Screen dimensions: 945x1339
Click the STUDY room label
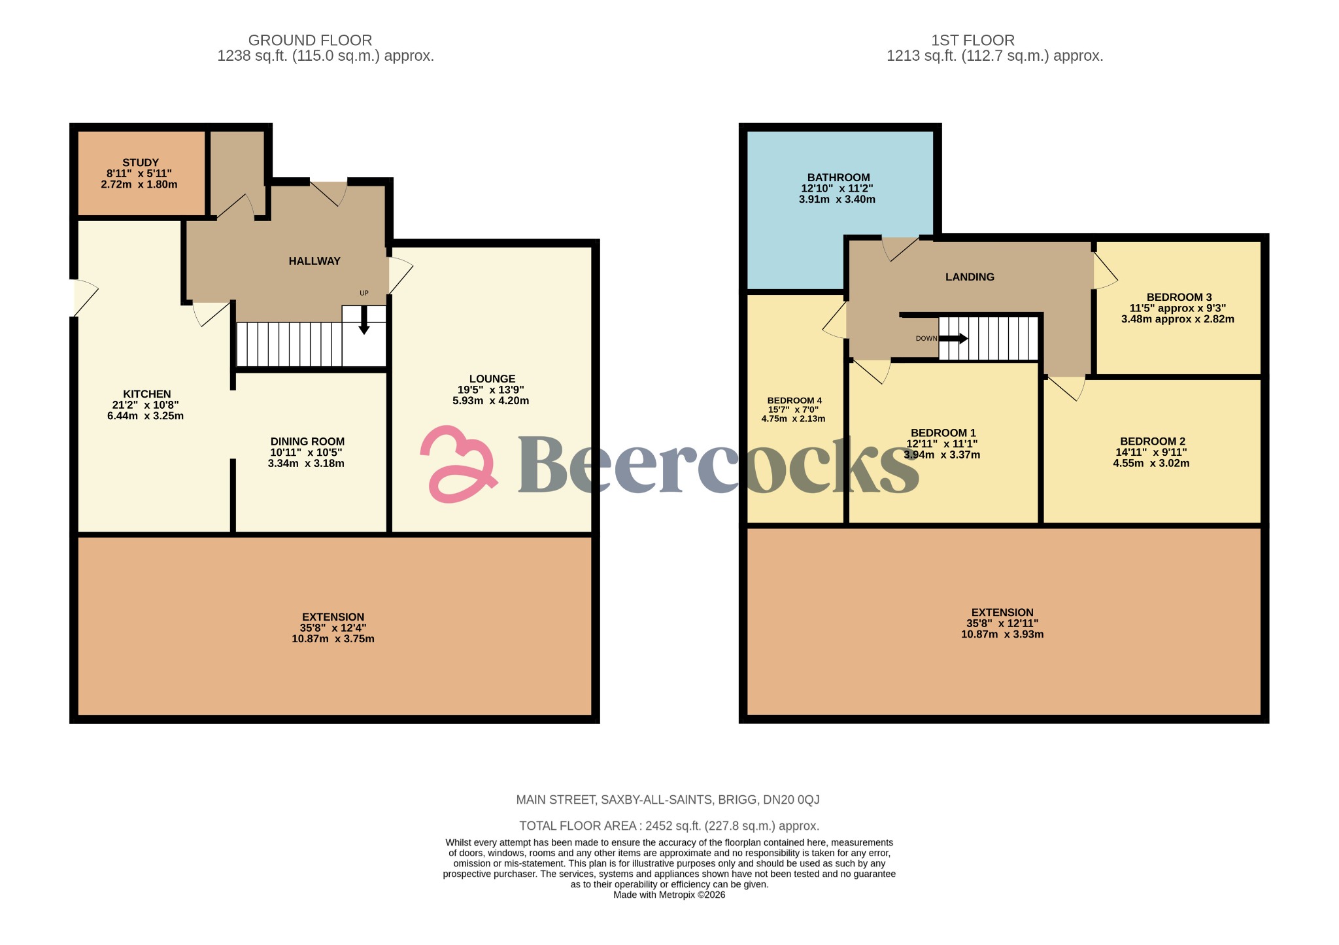[x=141, y=163]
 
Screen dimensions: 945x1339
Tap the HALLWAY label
[x=314, y=261]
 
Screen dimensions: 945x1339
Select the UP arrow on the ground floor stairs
[x=364, y=320]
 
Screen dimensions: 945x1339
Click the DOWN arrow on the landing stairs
[x=954, y=338]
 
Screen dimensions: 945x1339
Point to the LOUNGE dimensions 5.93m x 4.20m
[x=490, y=401]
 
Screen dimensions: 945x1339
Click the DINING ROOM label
[x=307, y=441]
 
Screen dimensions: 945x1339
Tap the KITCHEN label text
[x=147, y=394]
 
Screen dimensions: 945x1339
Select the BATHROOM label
[x=838, y=177]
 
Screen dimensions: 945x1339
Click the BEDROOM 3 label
[x=1179, y=297]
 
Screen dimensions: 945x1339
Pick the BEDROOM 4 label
[x=794, y=400]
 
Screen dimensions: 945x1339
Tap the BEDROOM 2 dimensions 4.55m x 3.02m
[x=1151, y=463]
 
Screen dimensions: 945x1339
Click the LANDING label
[x=970, y=277]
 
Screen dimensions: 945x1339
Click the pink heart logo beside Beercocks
[x=458, y=464]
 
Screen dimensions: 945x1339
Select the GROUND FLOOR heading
[x=310, y=40]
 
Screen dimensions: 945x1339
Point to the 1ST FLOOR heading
[x=972, y=40]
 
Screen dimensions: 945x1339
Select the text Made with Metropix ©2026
[x=669, y=895]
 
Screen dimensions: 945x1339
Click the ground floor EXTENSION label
[x=333, y=617]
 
